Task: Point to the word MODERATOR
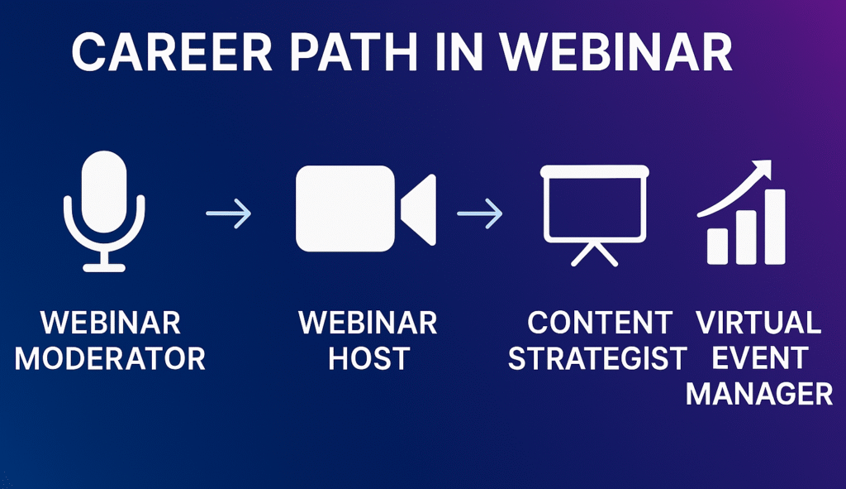[x=110, y=358]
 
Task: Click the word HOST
[x=368, y=358]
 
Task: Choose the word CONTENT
[x=600, y=322]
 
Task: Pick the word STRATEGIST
[x=597, y=358]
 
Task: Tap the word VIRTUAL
[x=758, y=322]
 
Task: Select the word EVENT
[x=759, y=358]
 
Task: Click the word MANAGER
[x=759, y=395]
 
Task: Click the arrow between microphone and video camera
[x=229, y=216]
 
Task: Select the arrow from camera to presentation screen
[x=479, y=216]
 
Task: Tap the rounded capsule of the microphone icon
[x=104, y=190]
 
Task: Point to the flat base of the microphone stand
[x=104, y=266]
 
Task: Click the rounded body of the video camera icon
[x=345, y=208]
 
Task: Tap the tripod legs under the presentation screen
[x=593, y=253]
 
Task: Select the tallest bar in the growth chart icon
[x=774, y=227]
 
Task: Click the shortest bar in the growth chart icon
[x=717, y=245]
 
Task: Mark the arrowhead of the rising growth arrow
[x=763, y=169]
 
